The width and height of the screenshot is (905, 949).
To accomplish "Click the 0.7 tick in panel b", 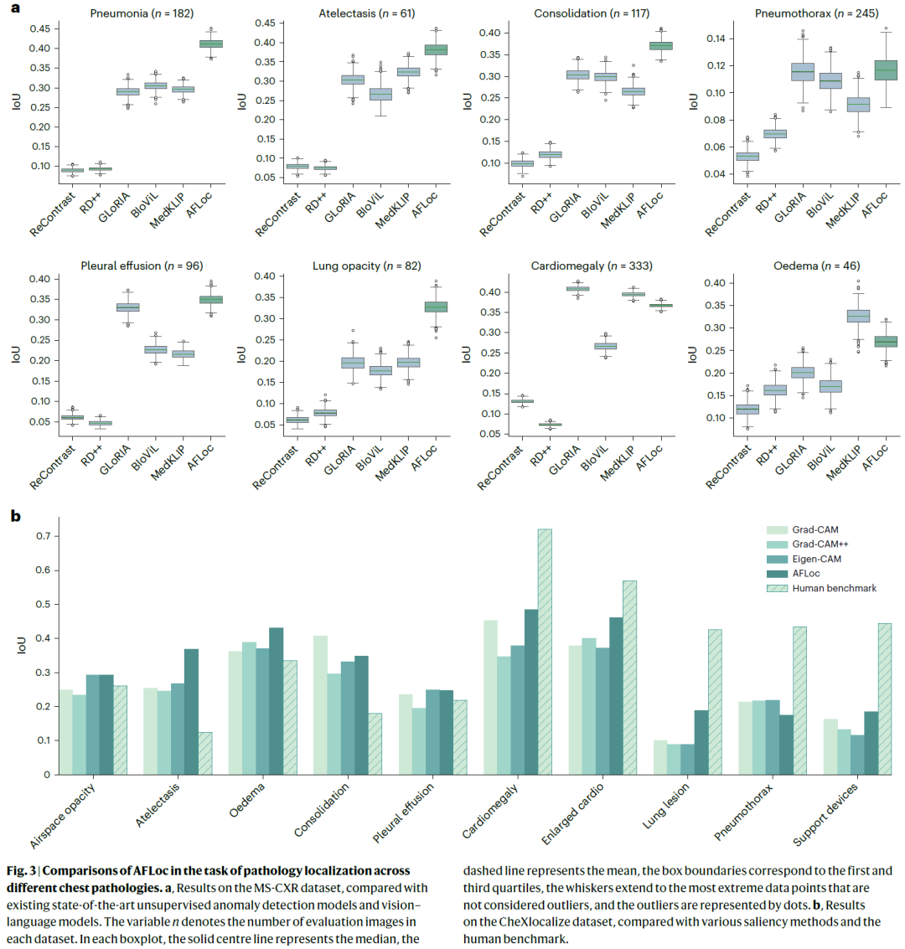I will (40, 536).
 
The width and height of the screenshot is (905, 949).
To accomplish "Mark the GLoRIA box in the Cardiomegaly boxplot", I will (577, 288).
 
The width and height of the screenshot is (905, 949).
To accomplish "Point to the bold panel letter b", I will (15, 516).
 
